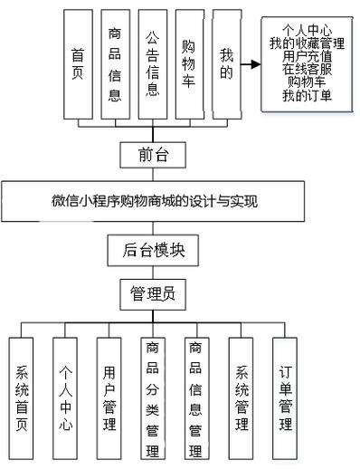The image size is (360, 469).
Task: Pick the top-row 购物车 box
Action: [189, 65]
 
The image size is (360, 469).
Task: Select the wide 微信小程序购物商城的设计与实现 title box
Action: [155, 201]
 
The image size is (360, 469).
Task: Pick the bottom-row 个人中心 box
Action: [67, 398]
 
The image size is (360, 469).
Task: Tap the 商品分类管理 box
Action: [153, 399]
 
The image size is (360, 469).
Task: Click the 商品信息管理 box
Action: [196, 399]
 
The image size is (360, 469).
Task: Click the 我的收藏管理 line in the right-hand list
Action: [307, 43]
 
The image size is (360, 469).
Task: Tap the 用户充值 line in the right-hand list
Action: [307, 55]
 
